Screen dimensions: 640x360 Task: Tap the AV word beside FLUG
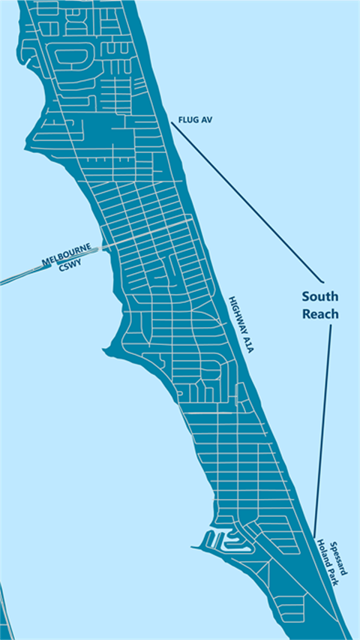coord(207,120)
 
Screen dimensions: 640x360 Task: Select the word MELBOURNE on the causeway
coord(66,255)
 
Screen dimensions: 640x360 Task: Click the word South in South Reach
coord(320,296)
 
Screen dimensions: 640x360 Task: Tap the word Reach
coord(320,314)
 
